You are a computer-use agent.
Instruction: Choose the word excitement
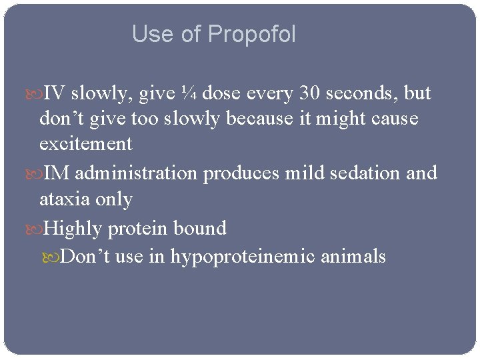coord(85,143)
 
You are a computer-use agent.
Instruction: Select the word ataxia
coord(65,199)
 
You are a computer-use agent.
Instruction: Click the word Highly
coord(71,229)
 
